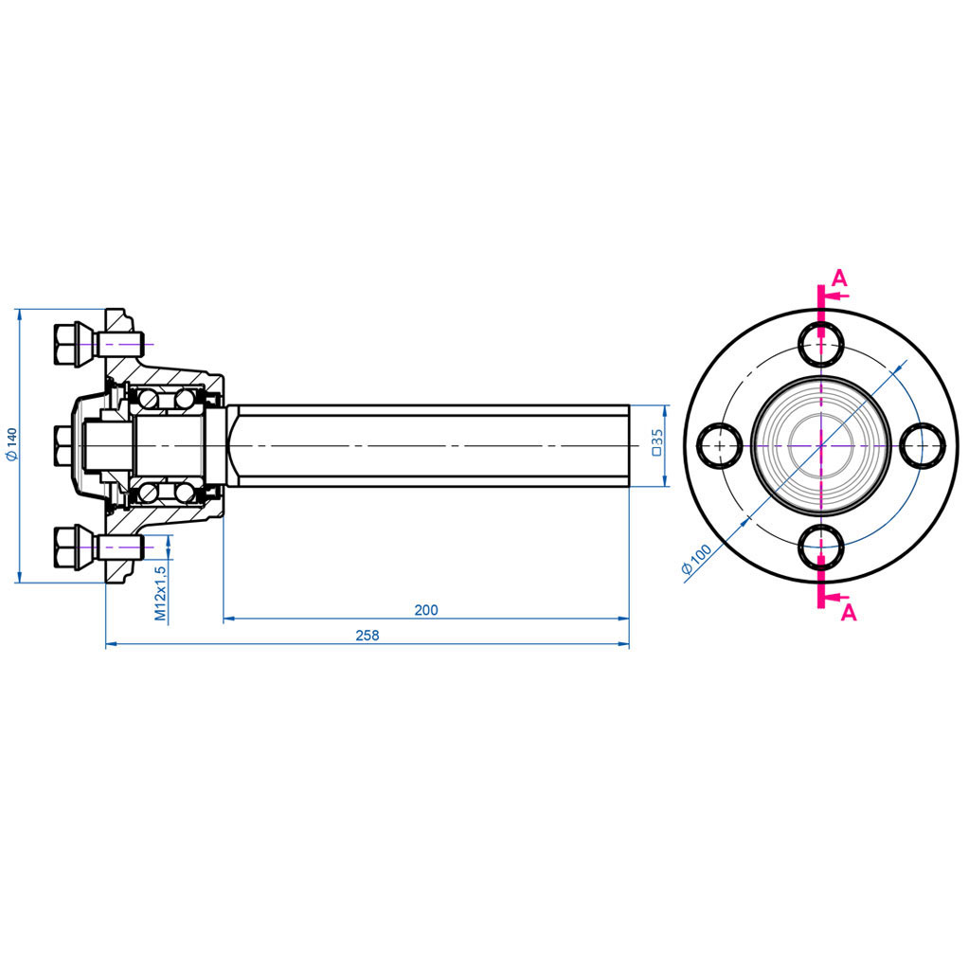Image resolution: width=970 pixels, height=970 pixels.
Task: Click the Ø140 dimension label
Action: (x=11, y=444)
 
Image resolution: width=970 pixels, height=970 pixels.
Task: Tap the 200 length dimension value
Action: (x=426, y=610)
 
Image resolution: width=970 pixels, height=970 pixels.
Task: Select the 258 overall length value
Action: (x=367, y=636)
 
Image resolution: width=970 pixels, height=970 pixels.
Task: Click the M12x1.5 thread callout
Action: (x=160, y=594)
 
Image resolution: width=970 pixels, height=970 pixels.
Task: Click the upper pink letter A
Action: (x=839, y=278)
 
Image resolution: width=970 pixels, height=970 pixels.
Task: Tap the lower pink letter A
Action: (x=849, y=613)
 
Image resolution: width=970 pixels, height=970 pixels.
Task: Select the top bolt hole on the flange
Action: (x=820, y=343)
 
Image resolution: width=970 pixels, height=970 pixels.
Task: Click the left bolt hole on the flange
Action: (x=720, y=444)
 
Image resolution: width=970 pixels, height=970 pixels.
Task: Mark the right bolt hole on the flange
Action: (x=921, y=444)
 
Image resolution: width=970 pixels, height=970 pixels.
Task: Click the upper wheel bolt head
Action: (x=67, y=343)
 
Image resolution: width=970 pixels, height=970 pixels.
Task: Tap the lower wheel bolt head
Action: (x=67, y=547)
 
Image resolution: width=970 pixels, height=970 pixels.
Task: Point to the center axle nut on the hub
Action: (x=63, y=444)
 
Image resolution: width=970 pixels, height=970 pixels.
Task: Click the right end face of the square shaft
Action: (x=629, y=444)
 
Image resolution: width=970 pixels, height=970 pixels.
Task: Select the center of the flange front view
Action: (x=820, y=444)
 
